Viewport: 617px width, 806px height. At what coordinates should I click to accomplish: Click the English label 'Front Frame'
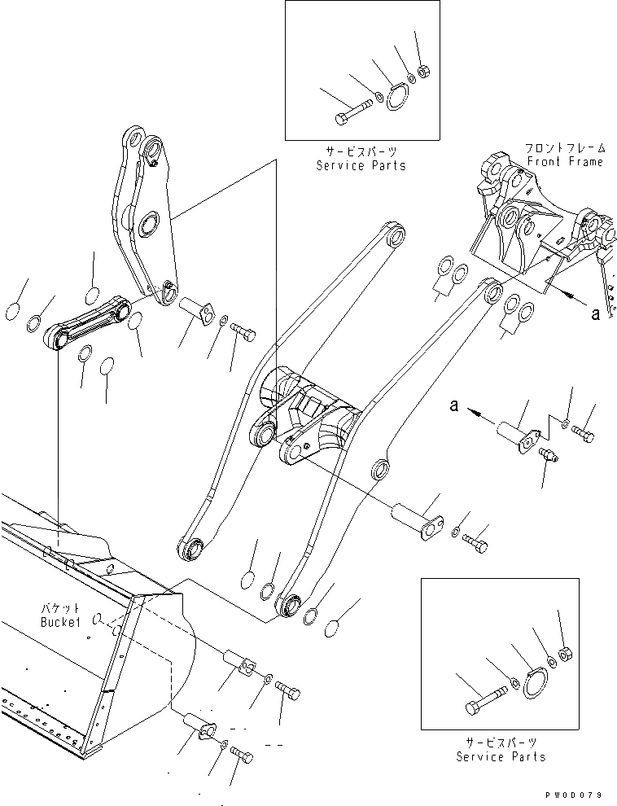coord(565,161)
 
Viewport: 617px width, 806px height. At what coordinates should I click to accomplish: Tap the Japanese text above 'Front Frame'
coord(565,148)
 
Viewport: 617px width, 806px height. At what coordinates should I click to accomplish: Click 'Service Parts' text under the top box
coord(361,165)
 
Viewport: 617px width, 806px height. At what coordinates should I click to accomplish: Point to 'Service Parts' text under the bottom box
coord(500,756)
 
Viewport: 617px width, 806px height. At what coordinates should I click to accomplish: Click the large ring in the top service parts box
coord(396,96)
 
